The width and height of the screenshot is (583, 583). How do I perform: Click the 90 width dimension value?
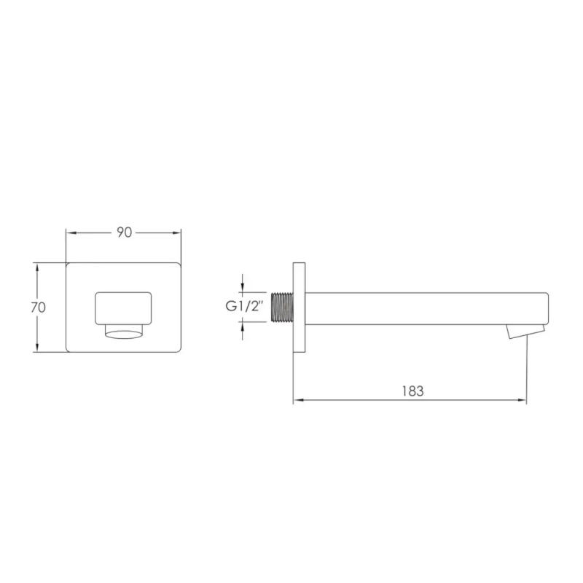click(125, 232)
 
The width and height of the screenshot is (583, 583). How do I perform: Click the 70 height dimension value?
click(39, 308)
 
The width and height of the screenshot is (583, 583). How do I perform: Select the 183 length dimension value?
click(412, 391)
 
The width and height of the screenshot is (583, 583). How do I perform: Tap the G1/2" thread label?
click(245, 306)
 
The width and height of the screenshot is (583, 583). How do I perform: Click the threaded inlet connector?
click(282, 307)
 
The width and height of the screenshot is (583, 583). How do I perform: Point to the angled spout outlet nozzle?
click(525, 332)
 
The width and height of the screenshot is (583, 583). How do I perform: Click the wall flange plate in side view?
click(299, 307)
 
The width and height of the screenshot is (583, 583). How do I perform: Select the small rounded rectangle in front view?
click(123, 308)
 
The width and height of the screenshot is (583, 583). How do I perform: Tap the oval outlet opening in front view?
click(123, 334)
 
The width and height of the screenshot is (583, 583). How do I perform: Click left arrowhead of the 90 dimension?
click(71, 233)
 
